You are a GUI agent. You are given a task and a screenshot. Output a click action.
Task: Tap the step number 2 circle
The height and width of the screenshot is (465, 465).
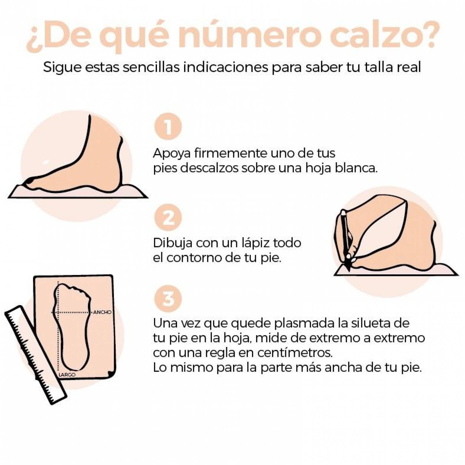(x=168, y=218)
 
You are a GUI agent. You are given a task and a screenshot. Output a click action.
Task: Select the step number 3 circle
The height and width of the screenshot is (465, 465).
(x=168, y=299)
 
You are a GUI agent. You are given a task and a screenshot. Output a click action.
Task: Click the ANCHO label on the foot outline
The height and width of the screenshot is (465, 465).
(x=102, y=312)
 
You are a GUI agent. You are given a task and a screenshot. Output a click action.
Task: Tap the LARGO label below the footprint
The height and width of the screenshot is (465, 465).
(x=67, y=375)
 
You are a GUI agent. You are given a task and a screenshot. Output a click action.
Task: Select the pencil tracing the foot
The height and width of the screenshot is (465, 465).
(x=345, y=238)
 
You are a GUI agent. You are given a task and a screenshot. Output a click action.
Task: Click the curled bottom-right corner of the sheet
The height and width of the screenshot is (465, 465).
(x=110, y=373)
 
